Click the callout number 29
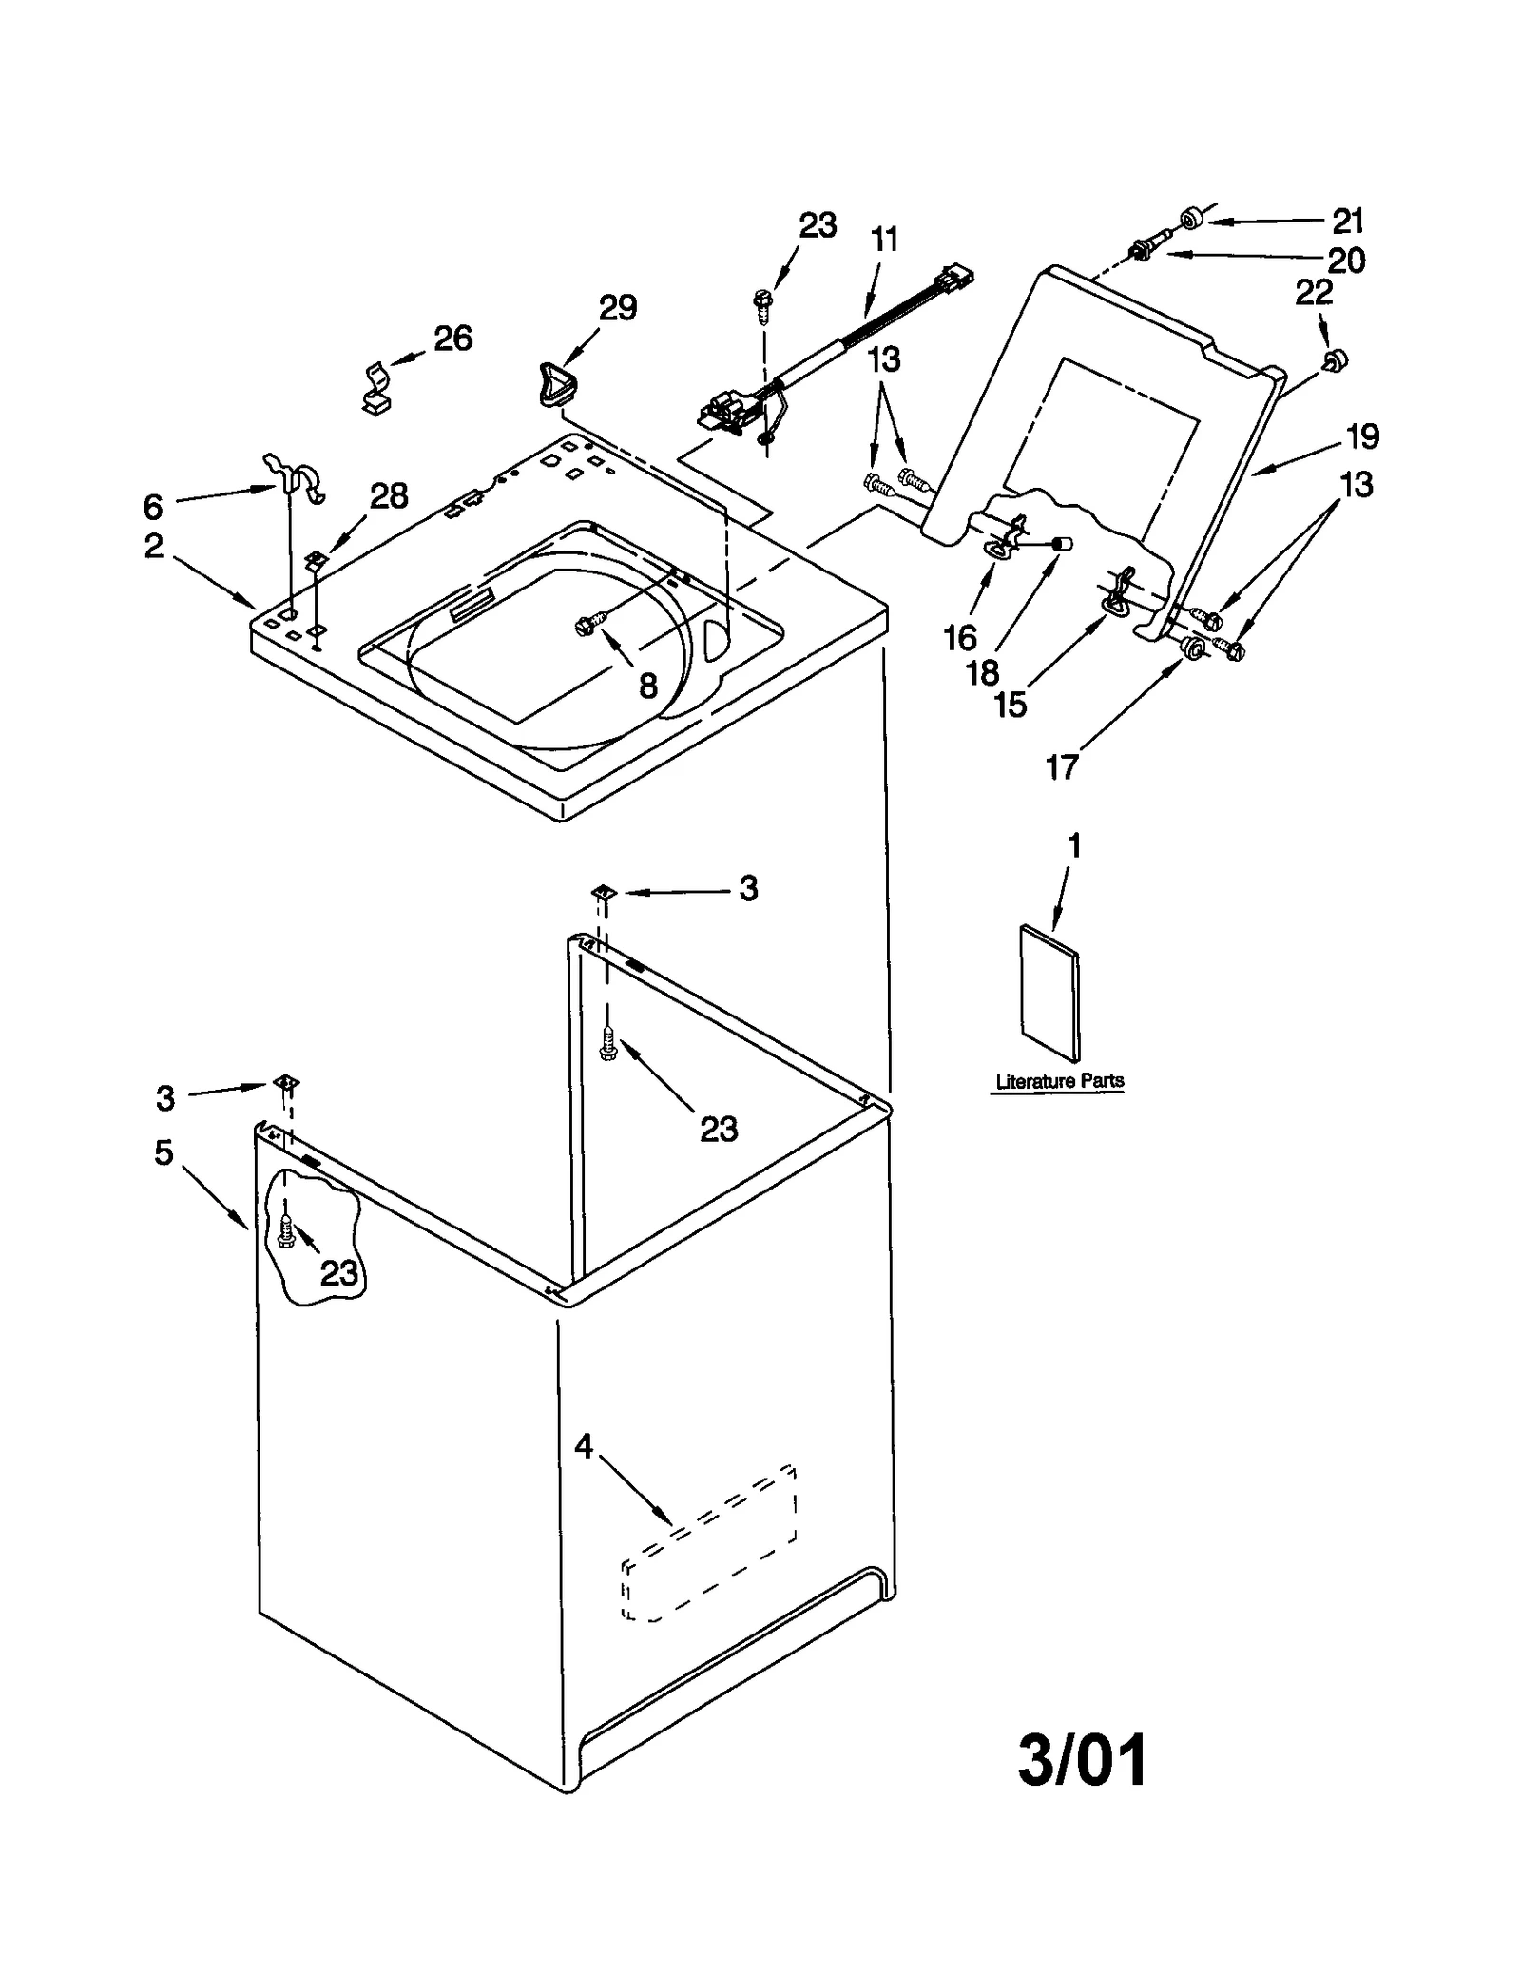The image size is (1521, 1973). click(x=617, y=308)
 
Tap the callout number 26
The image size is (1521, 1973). click(x=452, y=339)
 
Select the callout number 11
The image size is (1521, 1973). click(x=884, y=240)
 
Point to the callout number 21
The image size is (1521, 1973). click(x=1347, y=221)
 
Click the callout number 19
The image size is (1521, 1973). click(x=1362, y=436)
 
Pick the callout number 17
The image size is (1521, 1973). click(x=1061, y=766)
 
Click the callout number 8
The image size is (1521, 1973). click(x=647, y=685)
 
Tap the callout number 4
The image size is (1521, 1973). click(x=583, y=1447)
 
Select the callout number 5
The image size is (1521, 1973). click(x=164, y=1153)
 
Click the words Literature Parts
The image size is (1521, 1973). click(x=1059, y=1081)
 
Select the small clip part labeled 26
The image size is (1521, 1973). click(x=379, y=389)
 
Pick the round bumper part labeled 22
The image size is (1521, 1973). click(x=1336, y=359)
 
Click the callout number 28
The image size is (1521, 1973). click(x=388, y=496)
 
